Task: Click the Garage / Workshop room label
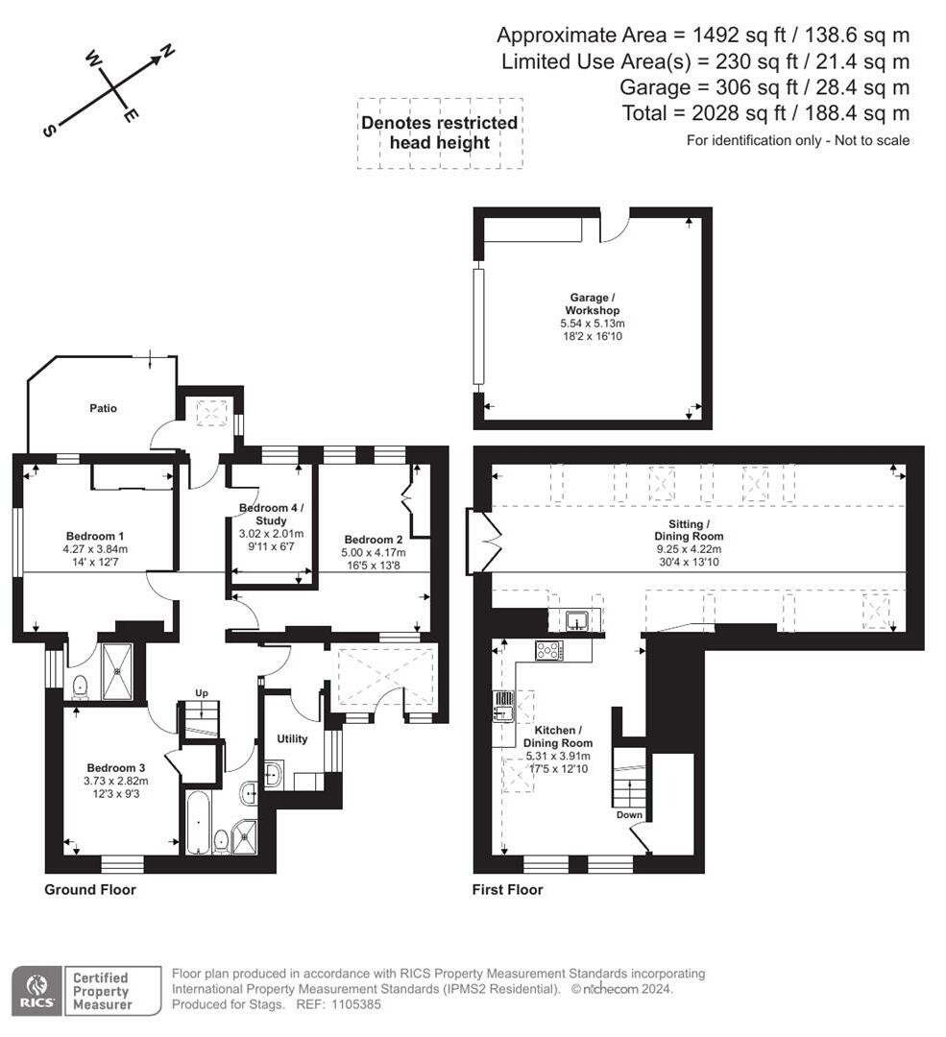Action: click(592, 304)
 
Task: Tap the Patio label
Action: click(104, 408)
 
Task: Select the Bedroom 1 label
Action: click(95, 536)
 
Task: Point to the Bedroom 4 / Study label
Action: click(271, 513)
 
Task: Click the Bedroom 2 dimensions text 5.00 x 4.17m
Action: click(373, 553)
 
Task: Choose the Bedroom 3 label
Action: click(115, 768)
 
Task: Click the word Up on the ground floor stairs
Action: click(201, 692)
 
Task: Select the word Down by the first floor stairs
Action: click(630, 814)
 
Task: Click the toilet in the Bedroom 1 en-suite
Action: click(81, 685)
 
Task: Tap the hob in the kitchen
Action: click(549, 650)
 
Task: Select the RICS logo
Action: click(36, 991)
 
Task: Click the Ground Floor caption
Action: click(90, 890)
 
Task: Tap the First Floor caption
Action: click(507, 890)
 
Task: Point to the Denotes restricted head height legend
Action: click(439, 133)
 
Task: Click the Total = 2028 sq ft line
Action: click(765, 113)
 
